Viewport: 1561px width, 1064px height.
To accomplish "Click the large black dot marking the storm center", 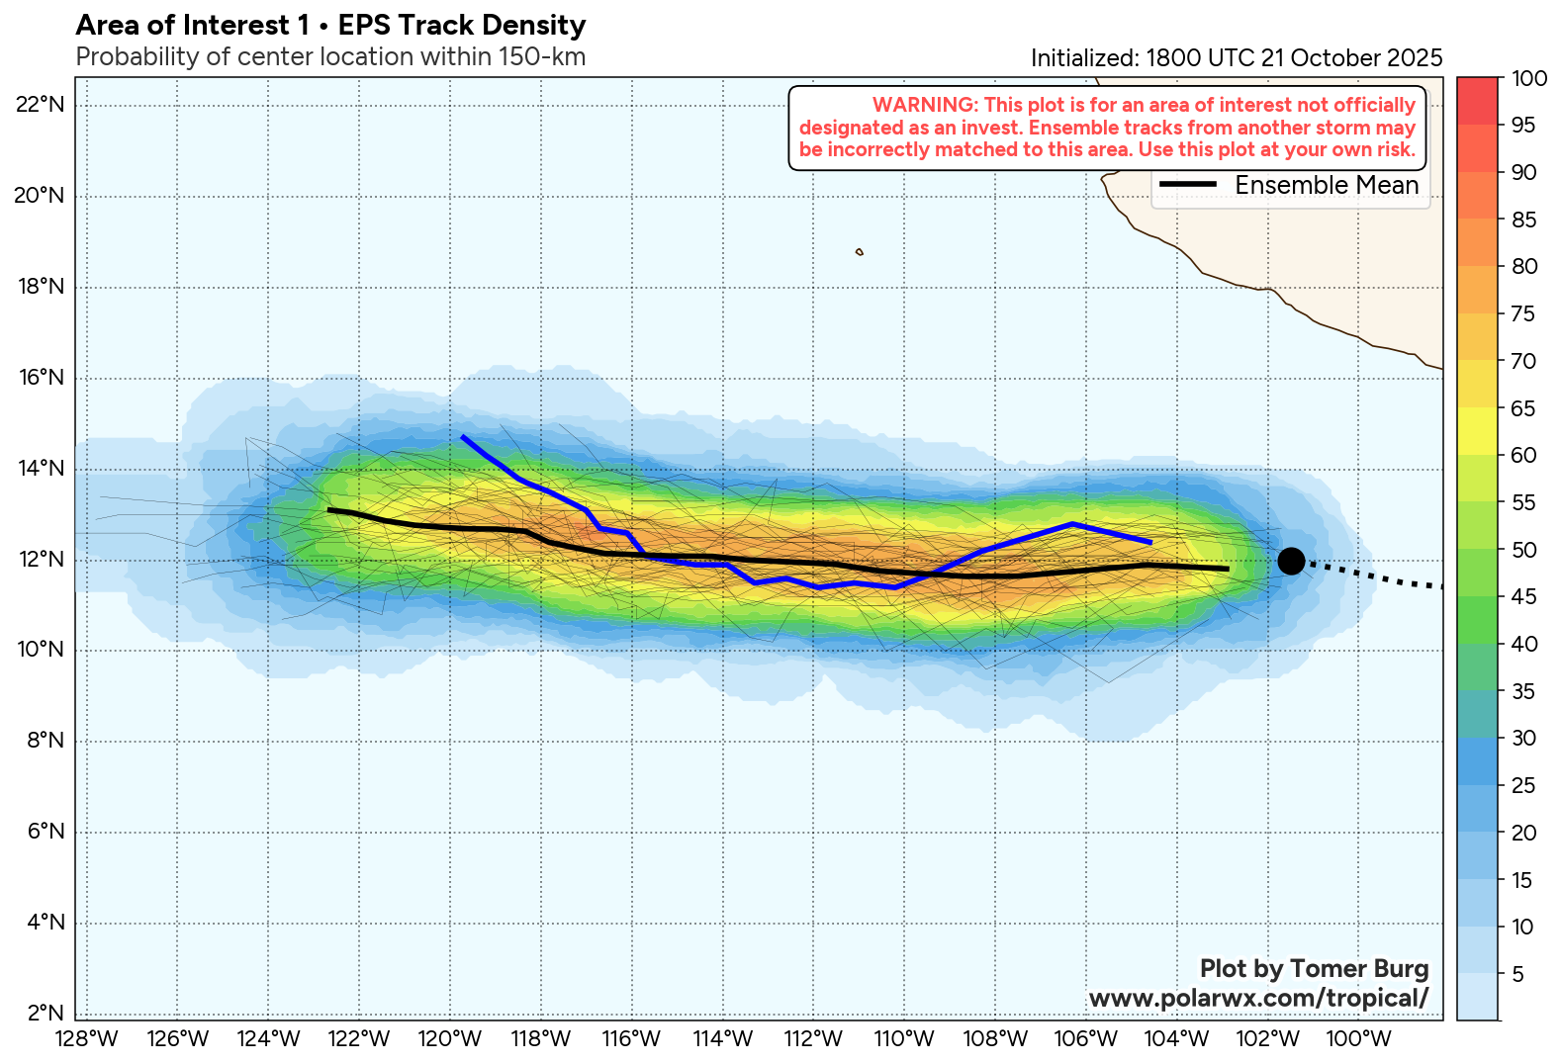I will point(1290,561).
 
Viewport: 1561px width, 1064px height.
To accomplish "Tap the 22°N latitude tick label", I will point(40,105).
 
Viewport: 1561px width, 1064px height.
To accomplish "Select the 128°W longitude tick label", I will point(88,1039).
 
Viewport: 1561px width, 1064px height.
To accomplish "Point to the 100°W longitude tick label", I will point(1359,1039).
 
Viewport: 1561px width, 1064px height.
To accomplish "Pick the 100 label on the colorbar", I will point(1529,79).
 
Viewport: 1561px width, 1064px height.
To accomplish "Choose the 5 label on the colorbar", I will point(1517,975).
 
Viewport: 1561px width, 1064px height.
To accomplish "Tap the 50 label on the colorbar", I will point(1523,550).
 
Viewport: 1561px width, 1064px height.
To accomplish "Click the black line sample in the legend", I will point(1187,185).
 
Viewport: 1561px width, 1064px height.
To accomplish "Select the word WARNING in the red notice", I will point(923,105).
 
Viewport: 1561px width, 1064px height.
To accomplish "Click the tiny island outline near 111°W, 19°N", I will point(859,252).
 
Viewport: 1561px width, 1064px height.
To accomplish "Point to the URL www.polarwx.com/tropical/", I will point(1258,999).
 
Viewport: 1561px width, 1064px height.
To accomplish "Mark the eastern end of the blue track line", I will point(1149,542).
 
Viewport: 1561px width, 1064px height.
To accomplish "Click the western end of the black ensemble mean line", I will point(329,510).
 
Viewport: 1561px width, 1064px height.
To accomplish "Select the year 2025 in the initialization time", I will point(1415,58).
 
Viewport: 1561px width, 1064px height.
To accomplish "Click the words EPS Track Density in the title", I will point(462,26).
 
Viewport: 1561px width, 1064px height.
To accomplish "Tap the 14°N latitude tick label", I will point(40,469).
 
